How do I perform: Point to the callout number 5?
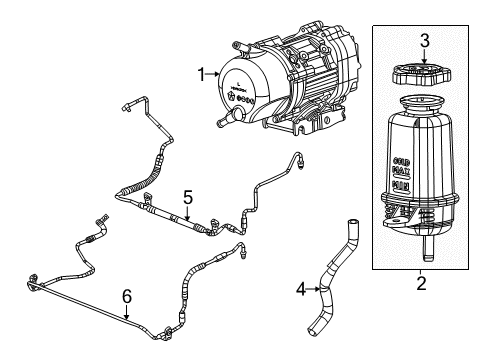click(x=186, y=196)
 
